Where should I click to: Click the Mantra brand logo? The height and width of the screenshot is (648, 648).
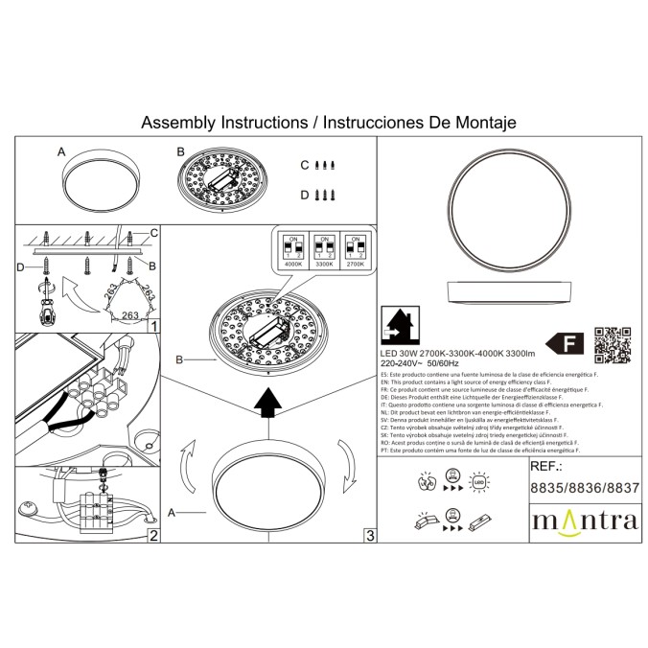(x=584, y=521)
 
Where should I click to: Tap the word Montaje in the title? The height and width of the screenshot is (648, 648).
(x=485, y=124)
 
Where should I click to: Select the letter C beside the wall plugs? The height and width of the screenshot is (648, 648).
(x=305, y=165)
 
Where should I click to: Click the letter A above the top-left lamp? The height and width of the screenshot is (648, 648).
(x=61, y=152)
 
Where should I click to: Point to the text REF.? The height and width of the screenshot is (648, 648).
(x=547, y=470)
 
